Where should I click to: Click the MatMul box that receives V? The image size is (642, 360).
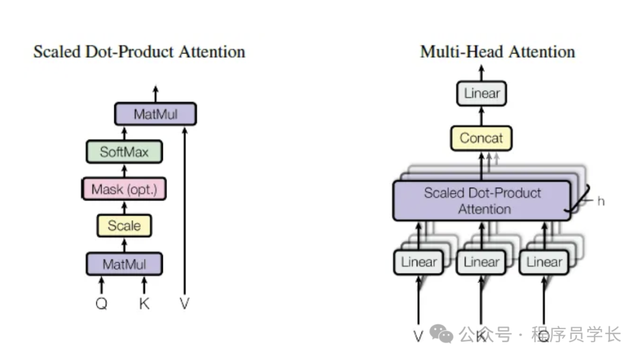pyautogui.click(x=155, y=114)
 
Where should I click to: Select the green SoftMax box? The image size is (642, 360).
pyautogui.click(x=124, y=151)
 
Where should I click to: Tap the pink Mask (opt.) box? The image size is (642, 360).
pyautogui.click(x=124, y=190)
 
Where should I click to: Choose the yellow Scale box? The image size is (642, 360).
pyautogui.click(x=124, y=226)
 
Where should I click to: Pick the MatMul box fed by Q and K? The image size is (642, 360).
pyautogui.click(x=124, y=264)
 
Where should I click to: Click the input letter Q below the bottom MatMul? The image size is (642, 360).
pyautogui.click(x=102, y=304)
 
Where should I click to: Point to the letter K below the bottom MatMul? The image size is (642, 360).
pyautogui.click(x=144, y=304)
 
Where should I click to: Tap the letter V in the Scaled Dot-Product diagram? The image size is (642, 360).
pyautogui.click(x=185, y=304)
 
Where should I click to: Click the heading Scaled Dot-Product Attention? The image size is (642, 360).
pyautogui.click(x=139, y=52)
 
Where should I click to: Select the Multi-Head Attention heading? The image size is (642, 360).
pyautogui.click(x=498, y=52)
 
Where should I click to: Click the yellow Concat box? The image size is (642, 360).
pyautogui.click(x=481, y=138)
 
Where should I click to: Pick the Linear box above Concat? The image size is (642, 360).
pyautogui.click(x=481, y=93)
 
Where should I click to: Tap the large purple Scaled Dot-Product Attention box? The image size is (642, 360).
pyautogui.click(x=482, y=201)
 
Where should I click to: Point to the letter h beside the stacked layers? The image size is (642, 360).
pyautogui.click(x=601, y=201)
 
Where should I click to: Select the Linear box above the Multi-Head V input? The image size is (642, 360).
pyautogui.click(x=418, y=262)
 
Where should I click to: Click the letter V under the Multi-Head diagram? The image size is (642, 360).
pyautogui.click(x=418, y=336)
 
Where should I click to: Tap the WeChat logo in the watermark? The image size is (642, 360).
pyautogui.click(x=442, y=334)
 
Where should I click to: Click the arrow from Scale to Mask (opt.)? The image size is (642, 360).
pyautogui.click(x=124, y=207)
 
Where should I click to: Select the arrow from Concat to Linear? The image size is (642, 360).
pyautogui.click(x=481, y=116)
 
